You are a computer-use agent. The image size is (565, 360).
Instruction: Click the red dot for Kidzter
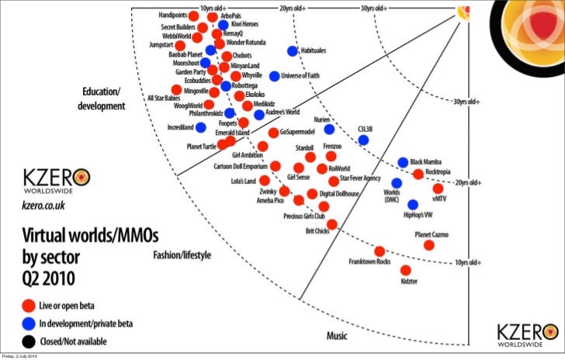click(405, 270)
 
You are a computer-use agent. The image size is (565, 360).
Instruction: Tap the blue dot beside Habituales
click(293, 51)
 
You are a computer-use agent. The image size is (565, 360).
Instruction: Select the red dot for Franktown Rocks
click(380, 251)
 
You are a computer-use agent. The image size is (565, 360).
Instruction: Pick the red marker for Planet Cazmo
click(429, 244)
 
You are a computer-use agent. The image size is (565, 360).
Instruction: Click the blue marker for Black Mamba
click(403, 162)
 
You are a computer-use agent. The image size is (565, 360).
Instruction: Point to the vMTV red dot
click(438, 188)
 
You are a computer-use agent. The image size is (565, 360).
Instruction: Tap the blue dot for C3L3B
click(362, 140)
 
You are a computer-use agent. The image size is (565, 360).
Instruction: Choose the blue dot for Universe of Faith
click(274, 76)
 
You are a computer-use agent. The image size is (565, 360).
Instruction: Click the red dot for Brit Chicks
click(332, 224)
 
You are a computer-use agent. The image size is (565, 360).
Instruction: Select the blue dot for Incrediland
click(200, 126)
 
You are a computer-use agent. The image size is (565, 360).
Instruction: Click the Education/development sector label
click(101, 99)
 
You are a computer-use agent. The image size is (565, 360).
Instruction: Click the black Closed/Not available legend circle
click(29, 341)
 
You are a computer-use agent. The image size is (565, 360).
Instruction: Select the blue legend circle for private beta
click(29, 323)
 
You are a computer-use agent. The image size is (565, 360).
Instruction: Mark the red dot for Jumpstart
click(180, 46)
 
